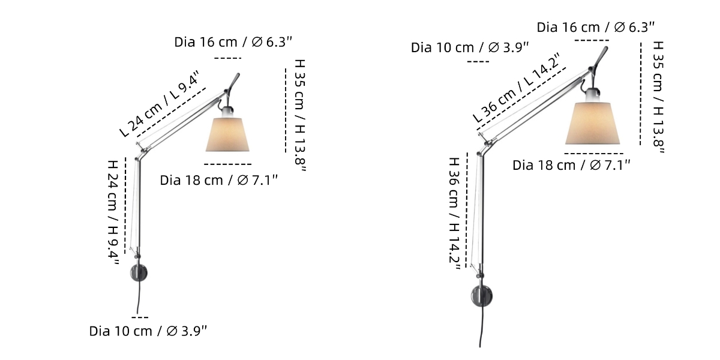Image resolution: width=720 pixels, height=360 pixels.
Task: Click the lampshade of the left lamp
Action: [x=227, y=134]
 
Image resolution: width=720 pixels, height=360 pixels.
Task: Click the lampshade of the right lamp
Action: [x=592, y=124]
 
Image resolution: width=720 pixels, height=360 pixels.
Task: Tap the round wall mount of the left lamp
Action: [x=139, y=273]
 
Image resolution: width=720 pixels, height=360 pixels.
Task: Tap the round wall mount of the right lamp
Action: [x=481, y=296]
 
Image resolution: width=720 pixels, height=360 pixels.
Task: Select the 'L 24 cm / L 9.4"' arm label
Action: [x=160, y=103]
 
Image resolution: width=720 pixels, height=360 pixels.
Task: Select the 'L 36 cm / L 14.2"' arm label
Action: [x=517, y=88]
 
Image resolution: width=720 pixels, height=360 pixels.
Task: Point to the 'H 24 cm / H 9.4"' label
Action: [x=113, y=213]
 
